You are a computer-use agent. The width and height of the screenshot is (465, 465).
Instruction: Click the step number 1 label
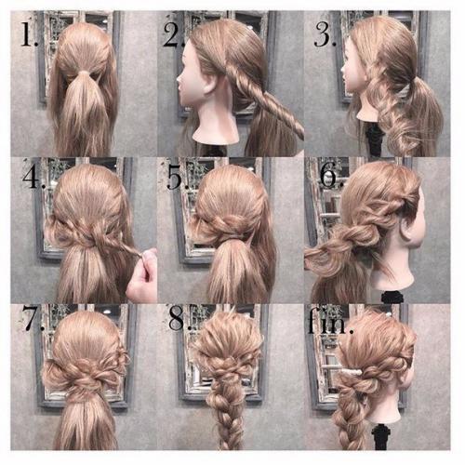point(30,33)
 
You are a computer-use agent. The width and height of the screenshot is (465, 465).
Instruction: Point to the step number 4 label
point(34,177)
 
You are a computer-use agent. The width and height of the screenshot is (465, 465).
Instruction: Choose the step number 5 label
point(178,178)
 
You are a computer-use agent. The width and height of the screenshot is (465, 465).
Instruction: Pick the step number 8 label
point(179,318)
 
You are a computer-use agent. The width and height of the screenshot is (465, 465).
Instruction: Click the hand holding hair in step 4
point(143,276)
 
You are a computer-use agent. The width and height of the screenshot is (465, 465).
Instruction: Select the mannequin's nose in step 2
point(179,81)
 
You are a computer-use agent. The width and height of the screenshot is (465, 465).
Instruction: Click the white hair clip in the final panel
point(352,371)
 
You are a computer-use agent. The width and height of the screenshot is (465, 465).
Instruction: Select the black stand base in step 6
point(392,297)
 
